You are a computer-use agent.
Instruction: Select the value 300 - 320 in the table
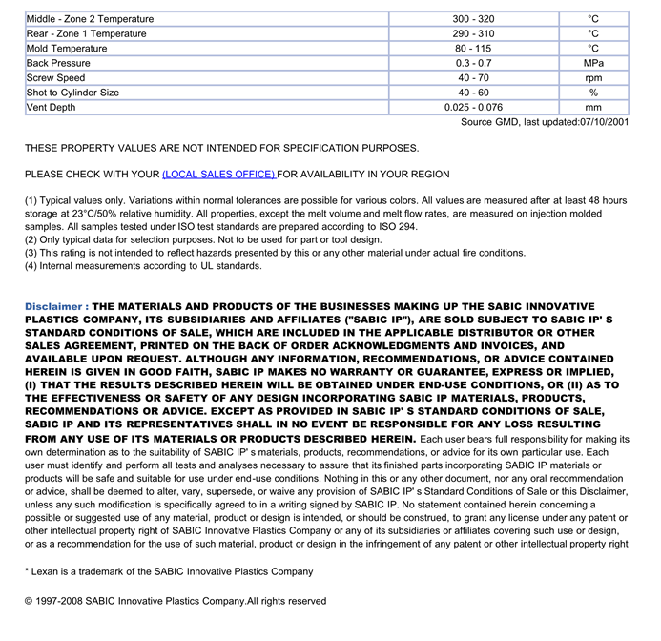pyautogui.click(x=474, y=19)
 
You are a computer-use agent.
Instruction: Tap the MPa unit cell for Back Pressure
pyautogui.click(x=593, y=63)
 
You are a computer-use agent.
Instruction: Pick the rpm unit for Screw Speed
pyautogui.click(x=593, y=78)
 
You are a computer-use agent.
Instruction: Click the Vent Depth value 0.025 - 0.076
pyautogui.click(x=473, y=108)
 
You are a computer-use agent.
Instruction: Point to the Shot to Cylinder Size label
pyautogui.click(x=72, y=93)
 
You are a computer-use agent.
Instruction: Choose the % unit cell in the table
pyautogui.click(x=593, y=93)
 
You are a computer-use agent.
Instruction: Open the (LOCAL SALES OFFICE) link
pyautogui.click(x=218, y=175)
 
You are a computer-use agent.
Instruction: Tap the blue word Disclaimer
pyautogui.click(x=56, y=307)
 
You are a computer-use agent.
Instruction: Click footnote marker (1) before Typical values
pyautogui.click(x=31, y=201)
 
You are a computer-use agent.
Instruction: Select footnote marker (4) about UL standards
pyautogui.click(x=31, y=266)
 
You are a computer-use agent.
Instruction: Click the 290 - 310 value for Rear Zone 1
pyautogui.click(x=474, y=34)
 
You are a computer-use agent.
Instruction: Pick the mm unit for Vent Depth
pyautogui.click(x=593, y=108)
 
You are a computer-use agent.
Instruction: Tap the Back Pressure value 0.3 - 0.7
pyautogui.click(x=474, y=63)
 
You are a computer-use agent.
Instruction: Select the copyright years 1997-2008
pyautogui.click(x=60, y=602)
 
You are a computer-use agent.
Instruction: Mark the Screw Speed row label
pyautogui.click(x=55, y=78)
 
